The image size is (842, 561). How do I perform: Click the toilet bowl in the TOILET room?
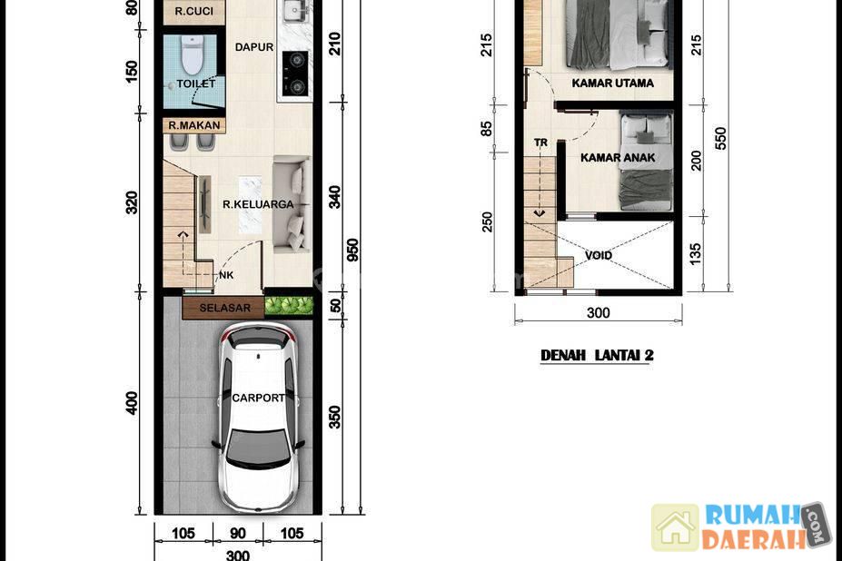[x=191, y=54]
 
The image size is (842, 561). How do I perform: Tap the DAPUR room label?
[x=254, y=47]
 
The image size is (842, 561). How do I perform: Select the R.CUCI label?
[x=193, y=11]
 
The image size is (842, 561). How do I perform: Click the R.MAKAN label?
[x=193, y=125]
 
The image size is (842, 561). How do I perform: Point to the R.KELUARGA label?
[x=258, y=204]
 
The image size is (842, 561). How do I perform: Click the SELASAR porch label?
[x=225, y=308]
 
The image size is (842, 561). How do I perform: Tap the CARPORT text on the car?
[x=258, y=398]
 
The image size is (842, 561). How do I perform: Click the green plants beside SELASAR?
[x=289, y=305]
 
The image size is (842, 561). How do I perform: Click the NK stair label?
[x=226, y=275]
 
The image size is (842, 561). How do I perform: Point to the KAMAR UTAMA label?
[x=613, y=84]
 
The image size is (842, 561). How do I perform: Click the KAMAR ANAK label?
[x=618, y=158]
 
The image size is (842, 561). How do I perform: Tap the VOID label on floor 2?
[x=599, y=256]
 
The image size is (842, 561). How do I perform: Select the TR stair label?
[x=540, y=143]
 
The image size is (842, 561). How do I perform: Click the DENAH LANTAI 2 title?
[x=597, y=355]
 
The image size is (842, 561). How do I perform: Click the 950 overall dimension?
[x=352, y=251]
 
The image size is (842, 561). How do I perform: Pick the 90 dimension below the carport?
[x=238, y=533]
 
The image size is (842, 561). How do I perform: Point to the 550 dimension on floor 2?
[x=720, y=138]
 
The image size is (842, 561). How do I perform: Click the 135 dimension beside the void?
[x=695, y=254]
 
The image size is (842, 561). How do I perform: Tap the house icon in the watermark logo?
[x=675, y=527]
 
